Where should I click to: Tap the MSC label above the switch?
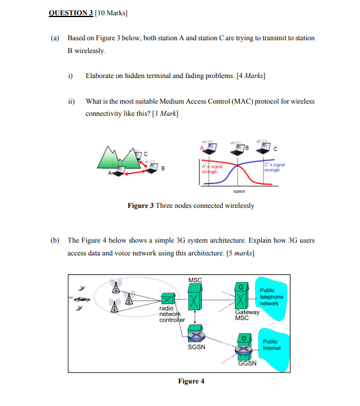(195, 280)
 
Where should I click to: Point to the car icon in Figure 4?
(82, 299)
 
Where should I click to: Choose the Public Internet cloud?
(272, 346)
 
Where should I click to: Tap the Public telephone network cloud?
(272, 297)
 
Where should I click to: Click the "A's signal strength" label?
(210, 168)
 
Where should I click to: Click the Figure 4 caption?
(191, 381)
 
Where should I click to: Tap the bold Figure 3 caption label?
(140, 205)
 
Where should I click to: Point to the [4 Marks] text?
(251, 76)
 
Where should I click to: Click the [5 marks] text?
(240, 251)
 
